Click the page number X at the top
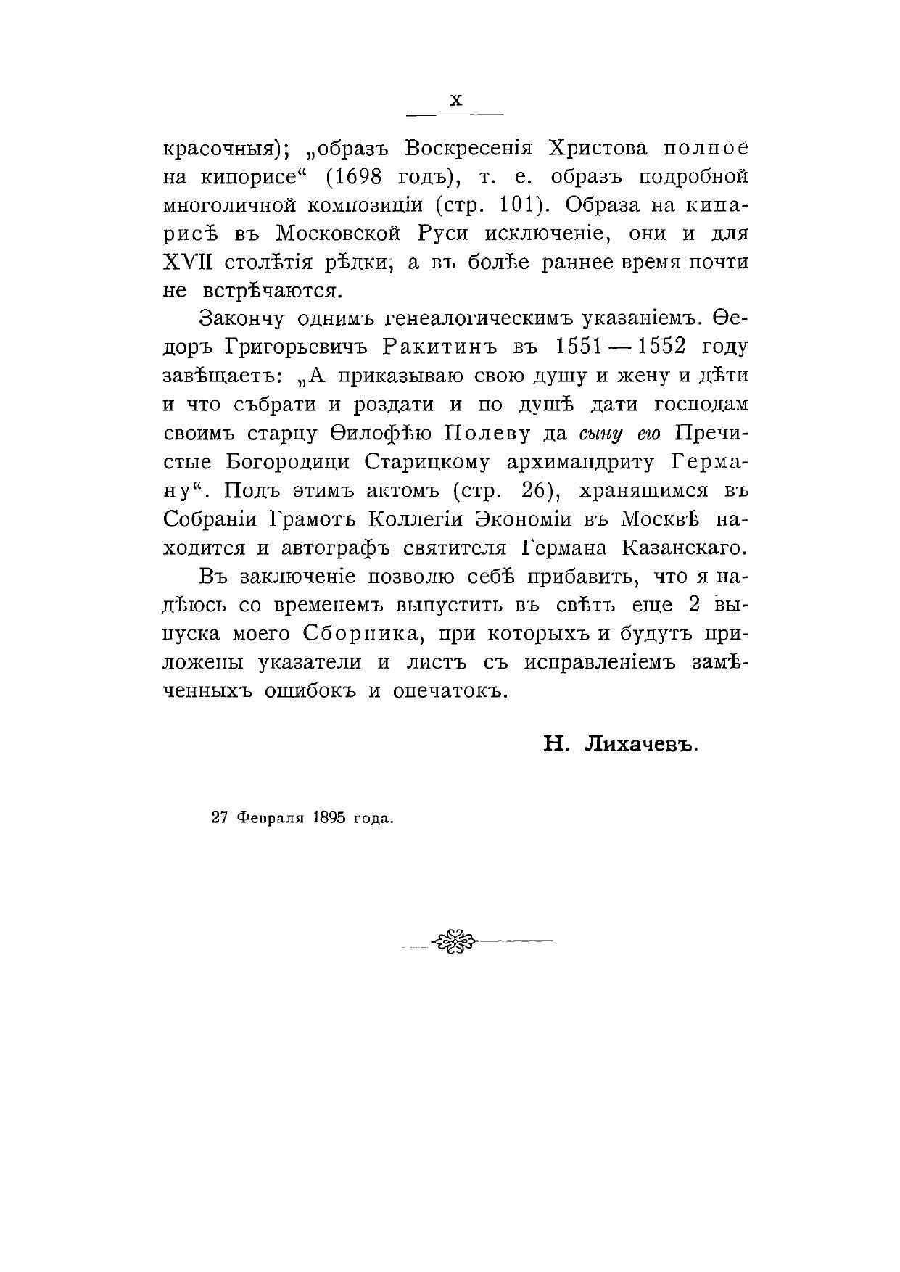pyautogui.click(x=455, y=101)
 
